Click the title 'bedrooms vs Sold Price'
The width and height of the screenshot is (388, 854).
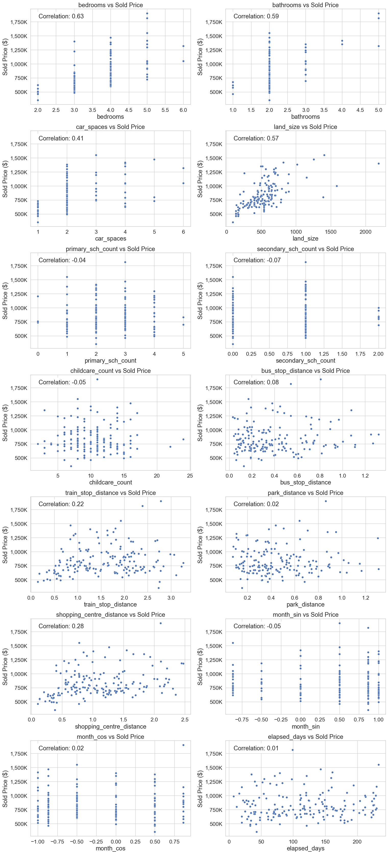pos(110,5)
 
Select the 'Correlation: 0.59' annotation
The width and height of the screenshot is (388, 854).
pos(256,16)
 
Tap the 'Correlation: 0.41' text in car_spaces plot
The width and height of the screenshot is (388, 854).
pos(61,138)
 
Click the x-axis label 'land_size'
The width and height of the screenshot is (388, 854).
pos(305,238)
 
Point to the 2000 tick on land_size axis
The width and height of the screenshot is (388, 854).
pos(366,232)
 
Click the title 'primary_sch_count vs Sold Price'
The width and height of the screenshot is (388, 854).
pos(110,249)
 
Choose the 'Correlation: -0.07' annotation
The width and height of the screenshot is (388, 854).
pos(257,260)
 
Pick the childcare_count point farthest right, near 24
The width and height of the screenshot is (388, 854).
pos(183,440)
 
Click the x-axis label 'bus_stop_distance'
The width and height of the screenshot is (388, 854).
pos(305,482)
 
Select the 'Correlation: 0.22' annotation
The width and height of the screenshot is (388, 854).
pos(61,504)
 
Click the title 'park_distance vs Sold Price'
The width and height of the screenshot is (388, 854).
pos(305,493)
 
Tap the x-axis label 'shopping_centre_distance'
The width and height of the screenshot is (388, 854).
pos(110,726)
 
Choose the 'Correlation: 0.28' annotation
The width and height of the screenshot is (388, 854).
pos(61,626)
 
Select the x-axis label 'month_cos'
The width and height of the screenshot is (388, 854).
pos(110,848)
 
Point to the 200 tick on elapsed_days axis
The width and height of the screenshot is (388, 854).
pos(357,842)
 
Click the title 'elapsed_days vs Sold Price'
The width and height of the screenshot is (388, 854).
pos(305,737)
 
